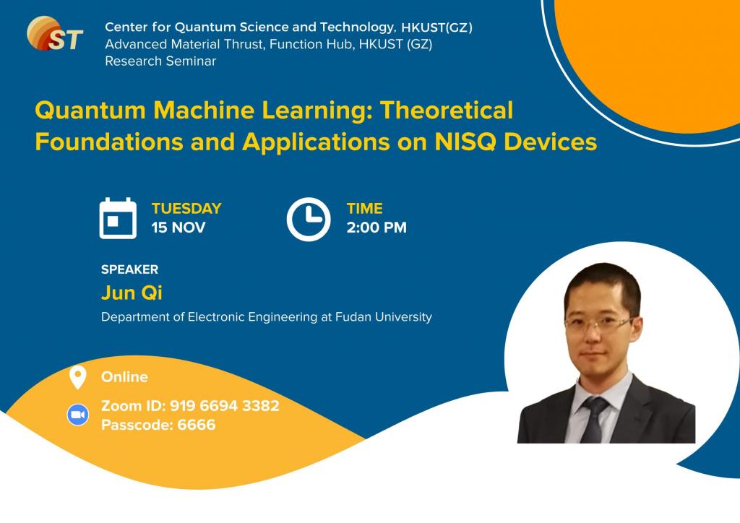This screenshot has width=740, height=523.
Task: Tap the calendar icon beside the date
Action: click(118, 218)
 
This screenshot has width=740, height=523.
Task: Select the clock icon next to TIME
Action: click(309, 218)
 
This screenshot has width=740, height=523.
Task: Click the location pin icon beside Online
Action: click(77, 377)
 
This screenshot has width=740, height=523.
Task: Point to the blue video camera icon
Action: click(77, 415)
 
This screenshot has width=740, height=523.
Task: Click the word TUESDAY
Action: click(186, 209)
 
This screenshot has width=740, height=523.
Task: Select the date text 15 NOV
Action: click(178, 228)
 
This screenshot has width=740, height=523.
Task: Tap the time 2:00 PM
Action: click(377, 228)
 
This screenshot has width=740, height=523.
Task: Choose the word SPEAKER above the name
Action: click(129, 269)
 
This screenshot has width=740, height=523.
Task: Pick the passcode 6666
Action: click(196, 425)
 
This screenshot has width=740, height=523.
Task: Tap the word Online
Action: click(124, 377)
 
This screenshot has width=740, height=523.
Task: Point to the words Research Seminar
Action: click(160, 61)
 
